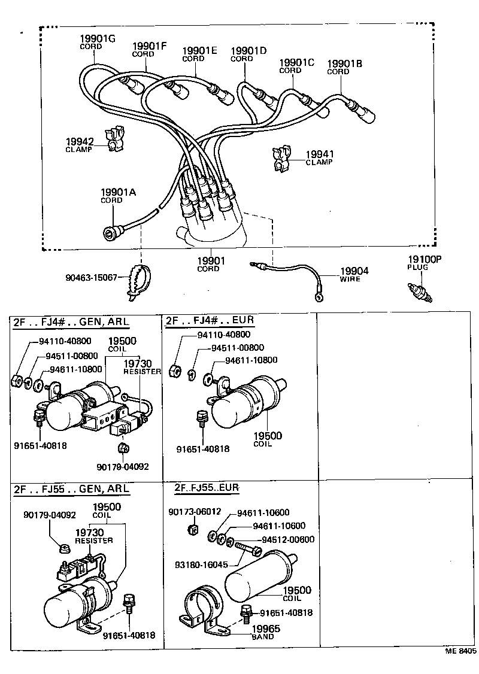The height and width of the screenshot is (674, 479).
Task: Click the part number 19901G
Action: pyautogui.click(x=97, y=39)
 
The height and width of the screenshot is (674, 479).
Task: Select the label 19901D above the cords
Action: pyautogui.click(x=248, y=51)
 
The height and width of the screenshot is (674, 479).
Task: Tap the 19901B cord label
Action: pyautogui.click(x=344, y=63)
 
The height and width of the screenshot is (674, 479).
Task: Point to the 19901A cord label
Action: pyautogui.click(x=118, y=192)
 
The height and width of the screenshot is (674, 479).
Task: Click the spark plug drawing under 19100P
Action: pyautogui.click(x=419, y=292)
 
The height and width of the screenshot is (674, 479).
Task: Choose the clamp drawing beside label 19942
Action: pyautogui.click(x=116, y=139)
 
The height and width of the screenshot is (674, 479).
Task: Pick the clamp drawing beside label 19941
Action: pyautogui.click(x=280, y=159)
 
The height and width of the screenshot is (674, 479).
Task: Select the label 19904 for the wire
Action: pyautogui.click(x=354, y=271)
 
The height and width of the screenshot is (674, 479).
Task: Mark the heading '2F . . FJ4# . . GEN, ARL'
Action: pyautogui.click(x=71, y=321)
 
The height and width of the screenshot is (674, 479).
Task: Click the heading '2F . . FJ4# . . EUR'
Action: pyautogui.click(x=210, y=320)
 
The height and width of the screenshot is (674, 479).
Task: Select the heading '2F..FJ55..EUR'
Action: pyautogui.click(x=207, y=488)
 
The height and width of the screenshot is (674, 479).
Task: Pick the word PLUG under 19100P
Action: pyautogui.click(x=418, y=267)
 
